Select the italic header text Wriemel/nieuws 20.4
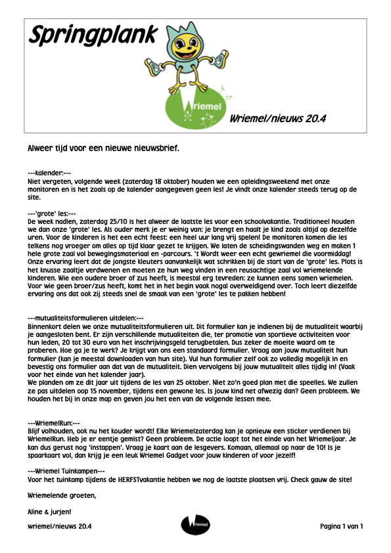pyautogui.click(x=278, y=119)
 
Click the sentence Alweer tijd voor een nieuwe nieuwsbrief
pyautogui.click(x=103, y=148)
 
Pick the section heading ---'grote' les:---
pyautogui.click(x=52, y=213)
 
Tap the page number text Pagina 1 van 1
pyautogui.click(x=342, y=526)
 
